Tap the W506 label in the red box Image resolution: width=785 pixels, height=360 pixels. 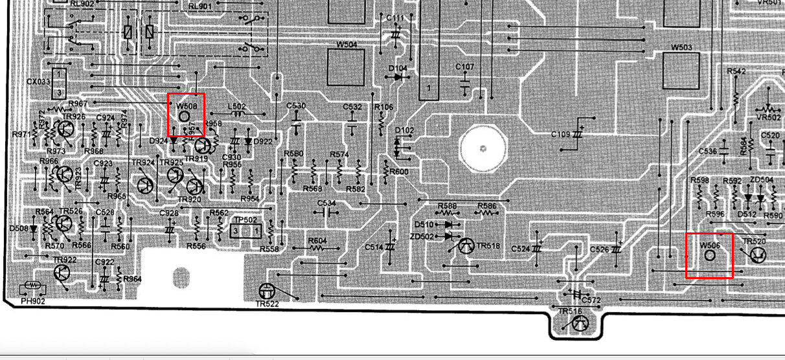[709, 245]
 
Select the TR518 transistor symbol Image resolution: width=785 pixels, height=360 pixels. [466, 246]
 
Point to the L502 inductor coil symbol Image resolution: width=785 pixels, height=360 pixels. [238, 115]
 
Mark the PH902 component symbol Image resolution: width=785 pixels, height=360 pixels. [33, 286]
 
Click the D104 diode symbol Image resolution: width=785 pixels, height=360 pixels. [398, 76]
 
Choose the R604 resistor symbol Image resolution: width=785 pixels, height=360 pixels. [317, 249]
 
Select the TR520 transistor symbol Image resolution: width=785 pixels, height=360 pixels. [756, 255]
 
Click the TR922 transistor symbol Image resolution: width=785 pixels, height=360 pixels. [62, 273]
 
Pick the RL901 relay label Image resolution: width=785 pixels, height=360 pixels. [200, 6]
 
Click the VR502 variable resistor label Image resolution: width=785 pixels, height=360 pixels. [768, 118]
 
